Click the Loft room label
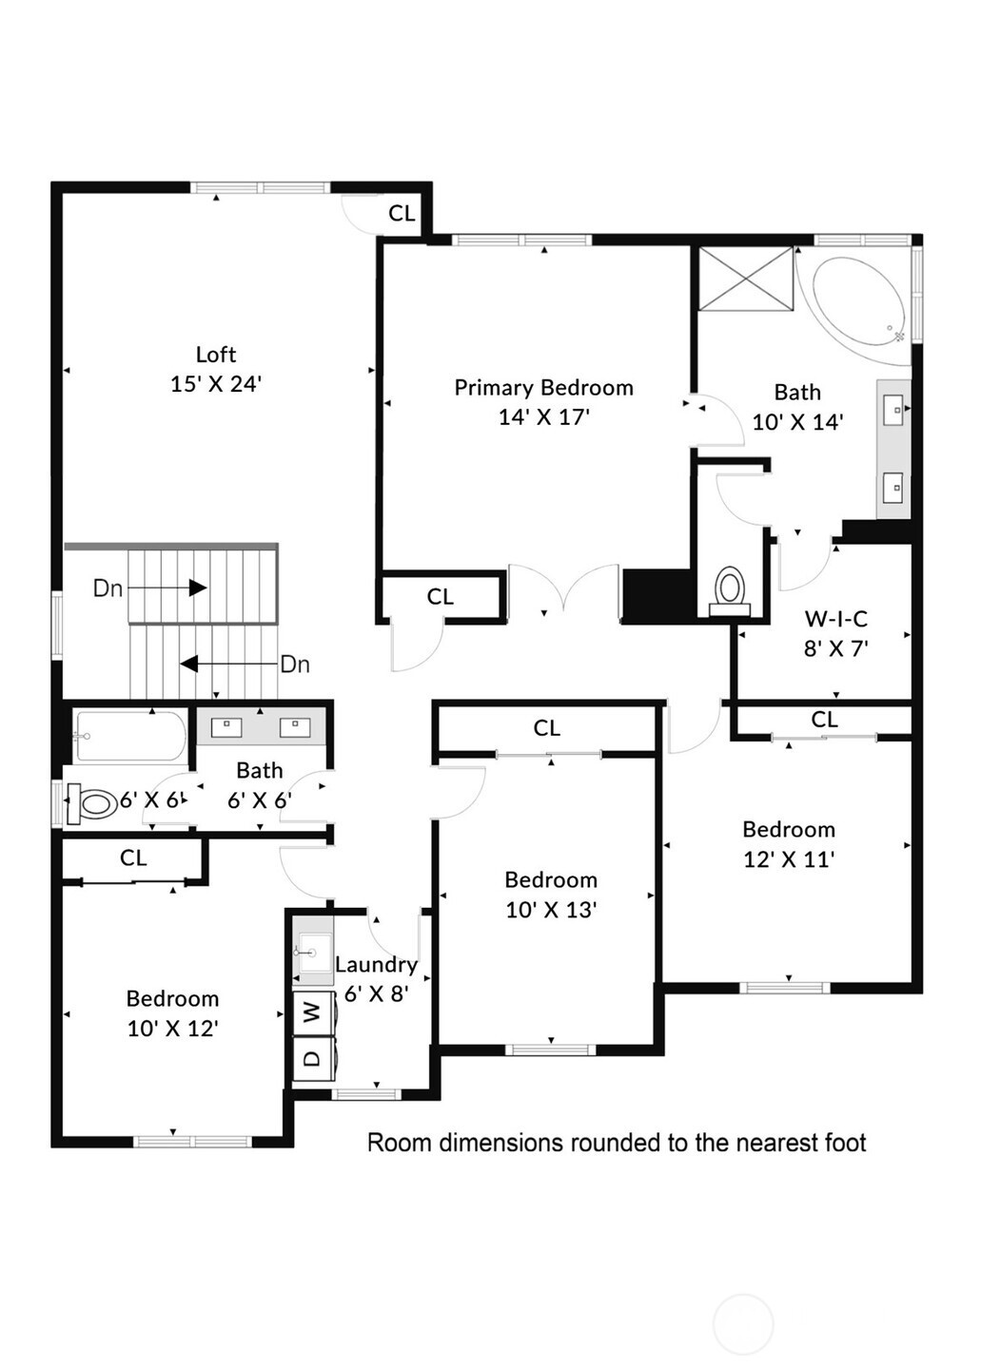pos(216,355)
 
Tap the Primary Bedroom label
pos(543,388)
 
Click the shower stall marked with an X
pos(746,279)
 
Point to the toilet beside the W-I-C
pos(729,590)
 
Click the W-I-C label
pos(835,619)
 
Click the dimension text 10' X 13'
pos(551,910)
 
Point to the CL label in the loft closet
pos(402,214)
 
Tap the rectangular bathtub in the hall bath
pos(130,737)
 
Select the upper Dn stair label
pos(108,588)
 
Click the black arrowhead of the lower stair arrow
pos(188,664)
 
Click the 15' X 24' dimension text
pos(216,384)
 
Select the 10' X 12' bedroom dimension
pos(172,1029)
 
